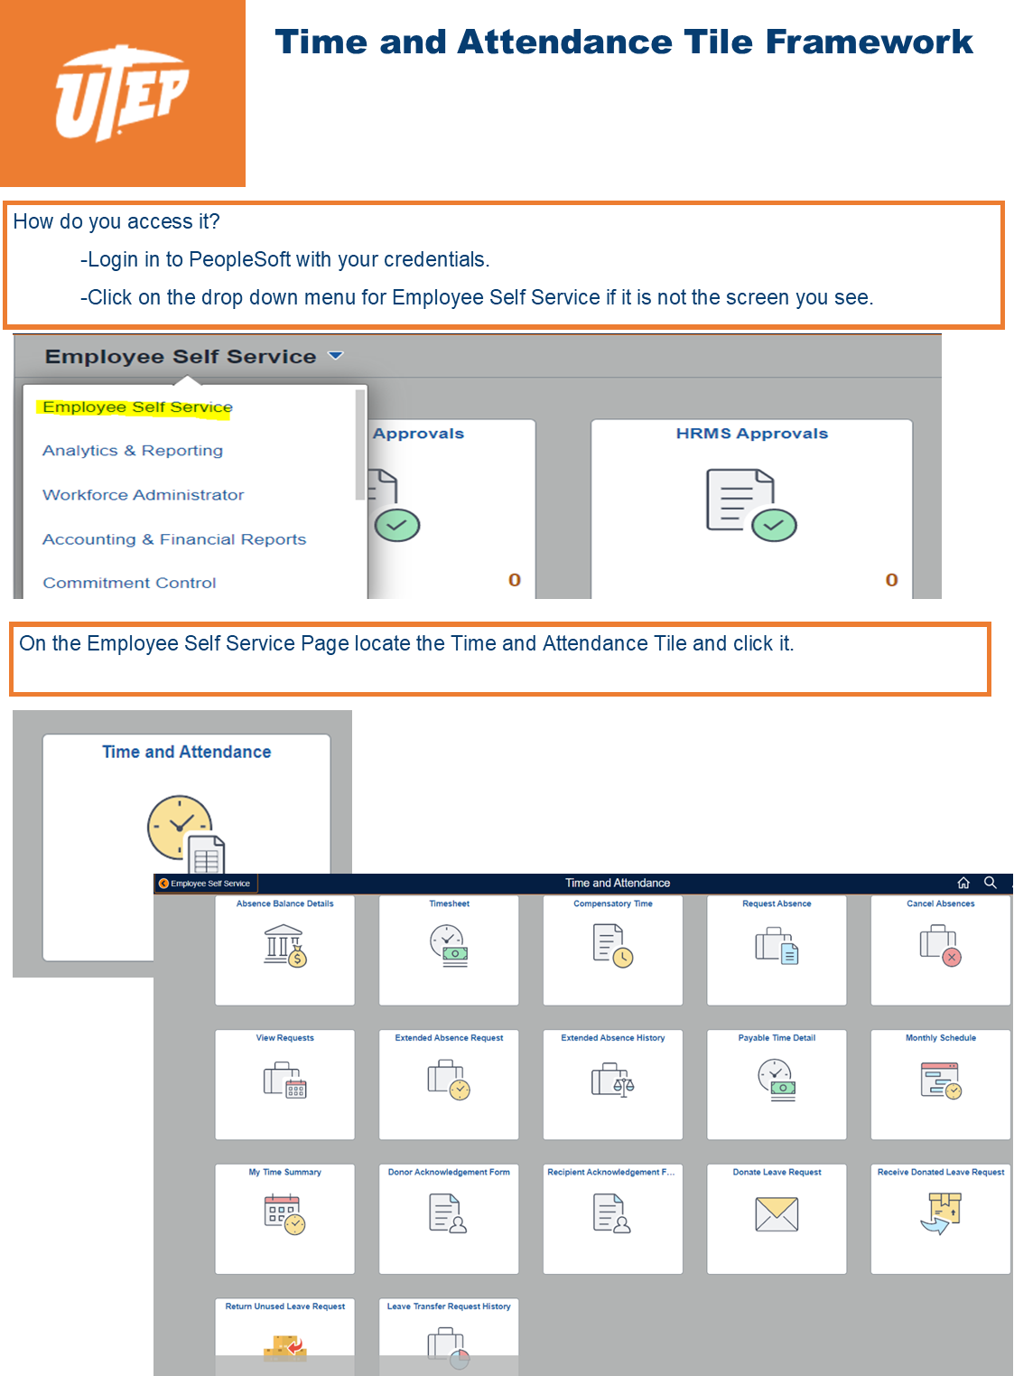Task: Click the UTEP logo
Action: (x=122, y=92)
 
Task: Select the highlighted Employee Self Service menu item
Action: (x=137, y=407)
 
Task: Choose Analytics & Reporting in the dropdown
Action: (x=133, y=450)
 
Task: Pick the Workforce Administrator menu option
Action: (x=143, y=494)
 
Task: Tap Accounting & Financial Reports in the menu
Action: (x=174, y=538)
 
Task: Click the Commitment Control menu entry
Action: (x=129, y=583)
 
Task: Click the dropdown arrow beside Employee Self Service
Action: (x=336, y=355)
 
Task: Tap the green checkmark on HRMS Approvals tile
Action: (x=774, y=525)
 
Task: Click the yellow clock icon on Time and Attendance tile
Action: (x=179, y=827)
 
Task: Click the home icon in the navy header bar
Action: (x=963, y=883)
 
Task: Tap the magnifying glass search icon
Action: (x=990, y=882)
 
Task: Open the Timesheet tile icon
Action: (x=449, y=945)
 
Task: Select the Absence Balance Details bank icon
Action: (x=285, y=946)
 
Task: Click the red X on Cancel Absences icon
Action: (x=952, y=957)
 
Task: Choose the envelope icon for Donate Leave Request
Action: (x=777, y=1214)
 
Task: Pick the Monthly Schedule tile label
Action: (x=940, y=1037)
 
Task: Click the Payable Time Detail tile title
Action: (x=777, y=1037)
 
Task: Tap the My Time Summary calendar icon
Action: (x=284, y=1214)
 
